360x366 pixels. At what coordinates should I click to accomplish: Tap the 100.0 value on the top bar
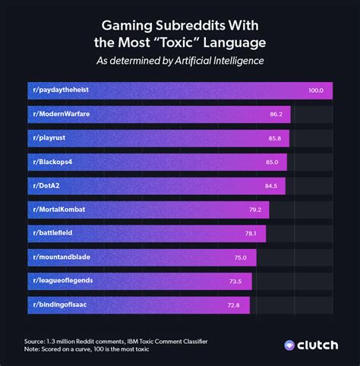pyautogui.click(x=316, y=90)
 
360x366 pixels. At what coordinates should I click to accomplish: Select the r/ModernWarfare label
pyautogui.click(x=61, y=114)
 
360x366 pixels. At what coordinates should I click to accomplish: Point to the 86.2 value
pyautogui.click(x=276, y=114)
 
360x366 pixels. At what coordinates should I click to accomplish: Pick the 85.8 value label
pyautogui.click(x=274, y=138)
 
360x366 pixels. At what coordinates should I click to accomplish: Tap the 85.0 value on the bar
pyautogui.click(x=272, y=162)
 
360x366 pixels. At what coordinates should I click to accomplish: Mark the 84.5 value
pyautogui.click(x=270, y=185)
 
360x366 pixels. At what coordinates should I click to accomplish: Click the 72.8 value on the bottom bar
pyautogui.click(x=234, y=305)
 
